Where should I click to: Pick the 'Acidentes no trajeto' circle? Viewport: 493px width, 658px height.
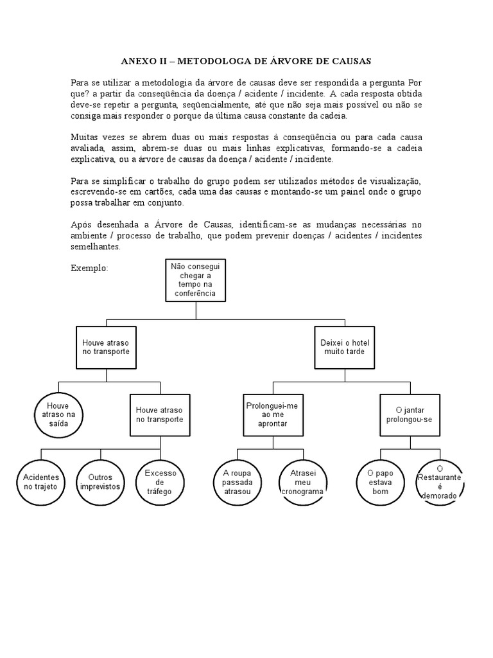pyautogui.click(x=41, y=482)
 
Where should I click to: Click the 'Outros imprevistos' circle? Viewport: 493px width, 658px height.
pyautogui.click(x=100, y=482)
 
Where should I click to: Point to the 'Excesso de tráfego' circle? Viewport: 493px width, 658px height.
pyautogui.click(x=160, y=482)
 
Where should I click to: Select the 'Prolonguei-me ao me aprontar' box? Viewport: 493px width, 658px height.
pyautogui.click(x=272, y=414)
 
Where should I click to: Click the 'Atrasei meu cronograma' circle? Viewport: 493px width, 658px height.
pyautogui.click(x=302, y=482)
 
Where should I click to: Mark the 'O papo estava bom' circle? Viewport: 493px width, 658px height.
pyautogui.click(x=380, y=482)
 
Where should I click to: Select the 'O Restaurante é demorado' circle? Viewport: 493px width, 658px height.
pyautogui.click(x=440, y=482)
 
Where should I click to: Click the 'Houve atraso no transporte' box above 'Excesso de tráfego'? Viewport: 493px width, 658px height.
pyautogui.click(x=160, y=414)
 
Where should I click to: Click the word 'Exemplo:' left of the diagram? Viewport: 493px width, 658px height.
pyautogui.click(x=89, y=267)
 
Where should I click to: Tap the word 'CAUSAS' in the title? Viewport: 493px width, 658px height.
pyautogui.click(x=351, y=61)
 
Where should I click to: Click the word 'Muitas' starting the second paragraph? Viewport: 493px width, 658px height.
pyautogui.click(x=84, y=138)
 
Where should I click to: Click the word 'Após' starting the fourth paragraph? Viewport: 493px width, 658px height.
pyautogui.click(x=80, y=225)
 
